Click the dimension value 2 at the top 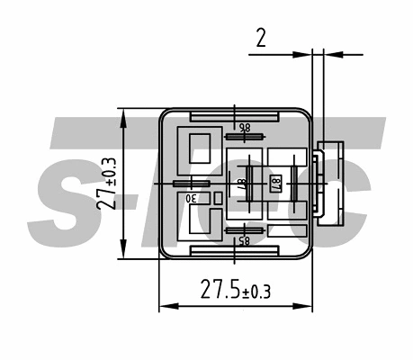coord(260,37)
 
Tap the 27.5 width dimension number coord(220,290)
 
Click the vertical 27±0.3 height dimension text coord(106,184)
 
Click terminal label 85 coord(242,239)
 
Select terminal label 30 coord(191,197)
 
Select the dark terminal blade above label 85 coord(244,229)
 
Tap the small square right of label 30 coord(217,197)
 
